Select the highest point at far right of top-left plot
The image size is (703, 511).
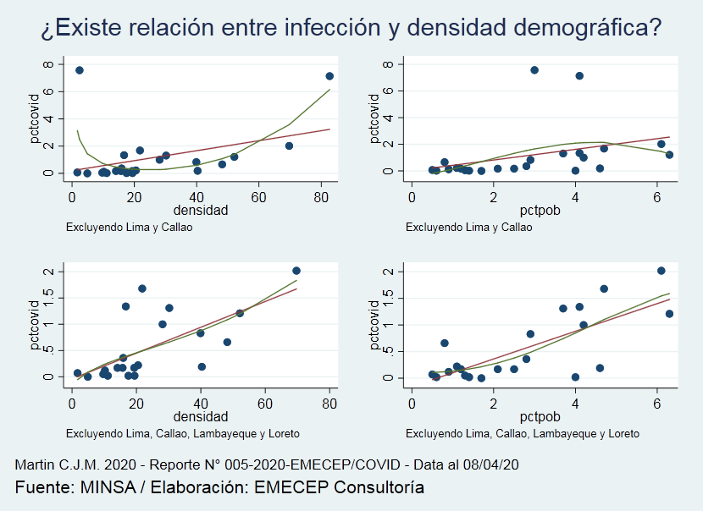click(329, 76)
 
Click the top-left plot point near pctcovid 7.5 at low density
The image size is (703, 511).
click(80, 70)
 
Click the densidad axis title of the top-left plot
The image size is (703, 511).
click(201, 211)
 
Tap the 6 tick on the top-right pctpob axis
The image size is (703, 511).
click(657, 197)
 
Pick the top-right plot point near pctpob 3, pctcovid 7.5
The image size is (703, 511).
click(534, 70)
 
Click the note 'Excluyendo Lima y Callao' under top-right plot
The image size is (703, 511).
click(468, 228)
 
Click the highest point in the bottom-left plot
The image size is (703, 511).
click(296, 271)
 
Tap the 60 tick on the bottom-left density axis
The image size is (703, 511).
click(264, 404)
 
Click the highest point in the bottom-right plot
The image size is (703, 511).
click(661, 271)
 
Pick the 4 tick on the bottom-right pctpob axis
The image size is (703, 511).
click(575, 404)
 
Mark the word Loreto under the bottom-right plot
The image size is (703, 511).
click(623, 434)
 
